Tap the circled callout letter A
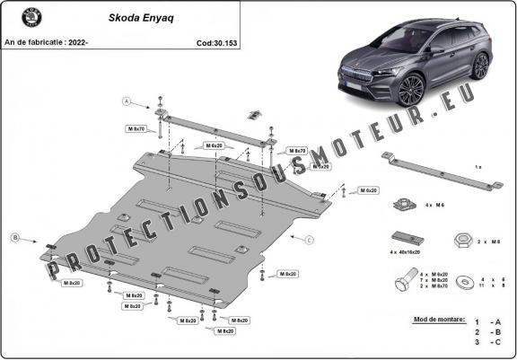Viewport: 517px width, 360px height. click(127, 100)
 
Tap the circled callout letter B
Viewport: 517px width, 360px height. click(14, 237)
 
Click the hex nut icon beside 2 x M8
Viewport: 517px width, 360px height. click(460, 241)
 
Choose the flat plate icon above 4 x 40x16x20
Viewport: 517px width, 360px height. click(405, 238)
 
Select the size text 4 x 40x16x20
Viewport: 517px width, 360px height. click(409, 254)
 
